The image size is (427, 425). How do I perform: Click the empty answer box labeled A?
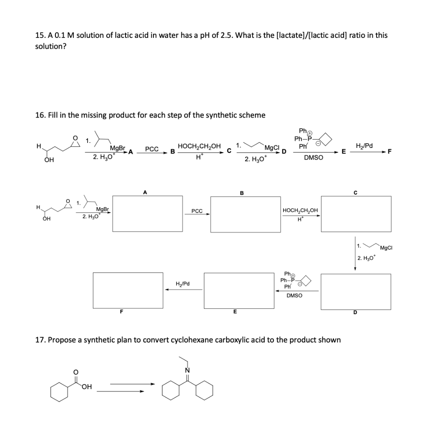[145, 214]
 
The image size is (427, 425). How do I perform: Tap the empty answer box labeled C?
[356, 214]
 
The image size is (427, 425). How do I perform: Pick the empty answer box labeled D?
[356, 291]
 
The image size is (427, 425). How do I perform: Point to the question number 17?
[40, 340]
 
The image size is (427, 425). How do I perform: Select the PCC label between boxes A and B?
[197, 211]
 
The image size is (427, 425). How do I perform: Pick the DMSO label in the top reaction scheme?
[313, 158]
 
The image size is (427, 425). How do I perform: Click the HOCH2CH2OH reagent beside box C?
[300, 210]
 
